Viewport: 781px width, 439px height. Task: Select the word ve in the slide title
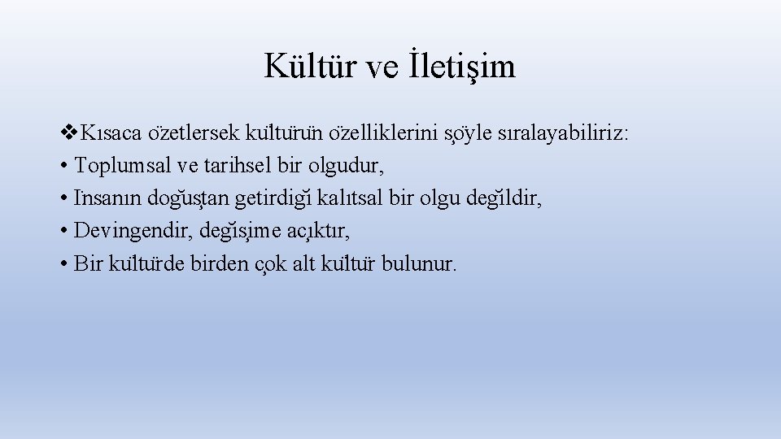point(382,68)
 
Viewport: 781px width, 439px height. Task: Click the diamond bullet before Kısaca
point(68,133)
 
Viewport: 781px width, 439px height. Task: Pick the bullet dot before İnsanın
point(63,199)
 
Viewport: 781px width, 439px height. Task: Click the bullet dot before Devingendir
point(63,232)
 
